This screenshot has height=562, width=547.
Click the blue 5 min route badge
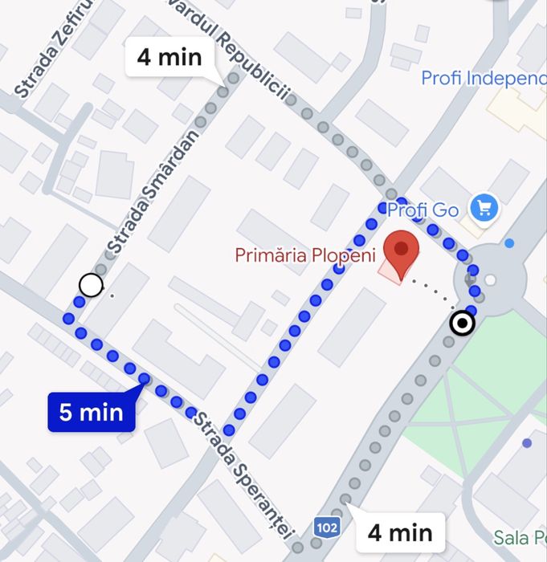tap(91, 413)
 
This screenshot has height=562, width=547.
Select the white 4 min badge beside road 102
tap(400, 531)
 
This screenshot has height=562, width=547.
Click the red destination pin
tap(402, 250)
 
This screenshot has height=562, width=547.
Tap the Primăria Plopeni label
tap(305, 255)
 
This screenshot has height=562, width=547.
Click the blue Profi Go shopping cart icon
tap(484, 209)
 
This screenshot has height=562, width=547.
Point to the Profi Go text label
tap(422, 210)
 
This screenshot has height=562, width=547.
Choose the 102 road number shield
tap(326, 527)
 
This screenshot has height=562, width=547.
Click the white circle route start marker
tap(92, 284)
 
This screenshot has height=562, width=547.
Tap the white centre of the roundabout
tap(490, 280)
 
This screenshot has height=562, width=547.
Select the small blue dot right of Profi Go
tap(509, 242)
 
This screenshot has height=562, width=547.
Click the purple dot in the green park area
tap(527, 442)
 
